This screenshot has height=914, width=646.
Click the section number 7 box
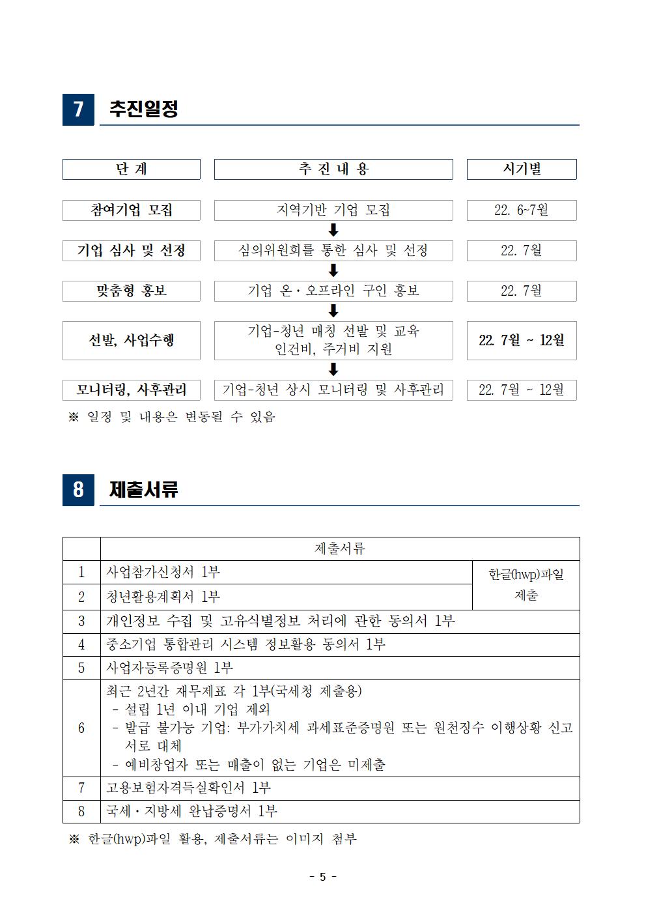pyautogui.click(x=78, y=109)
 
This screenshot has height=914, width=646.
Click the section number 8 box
pyautogui.click(x=78, y=489)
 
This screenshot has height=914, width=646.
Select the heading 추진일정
pyautogui.click(x=143, y=109)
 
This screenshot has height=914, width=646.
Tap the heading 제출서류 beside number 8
pyautogui.click(x=143, y=489)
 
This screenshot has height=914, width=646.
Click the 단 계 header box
pyautogui.click(x=132, y=169)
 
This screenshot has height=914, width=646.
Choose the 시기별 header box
pyautogui.click(x=522, y=169)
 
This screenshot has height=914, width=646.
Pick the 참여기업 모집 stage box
pyautogui.click(x=132, y=210)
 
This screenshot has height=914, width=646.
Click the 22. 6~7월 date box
pyautogui.click(x=522, y=210)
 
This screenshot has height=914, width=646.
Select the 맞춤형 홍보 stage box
pyautogui.click(x=132, y=291)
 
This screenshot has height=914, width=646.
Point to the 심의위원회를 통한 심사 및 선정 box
pyautogui.click(x=333, y=251)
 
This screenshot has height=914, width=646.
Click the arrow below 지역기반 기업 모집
pyautogui.click(x=333, y=230)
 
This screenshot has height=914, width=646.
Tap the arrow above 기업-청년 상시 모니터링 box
pyautogui.click(x=333, y=369)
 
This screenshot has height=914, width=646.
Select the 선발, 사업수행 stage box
pyautogui.click(x=132, y=340)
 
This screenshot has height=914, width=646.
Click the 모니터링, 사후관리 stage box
pyautogui.click(x=132, y=390)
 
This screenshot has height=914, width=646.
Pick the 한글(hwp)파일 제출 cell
pyautogui.click(x=526, y=584)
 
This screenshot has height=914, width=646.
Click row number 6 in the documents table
pyautogui.click(x=81, y=728)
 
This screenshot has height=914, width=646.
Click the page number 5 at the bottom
pyautogui.click(x=323, y=877)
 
